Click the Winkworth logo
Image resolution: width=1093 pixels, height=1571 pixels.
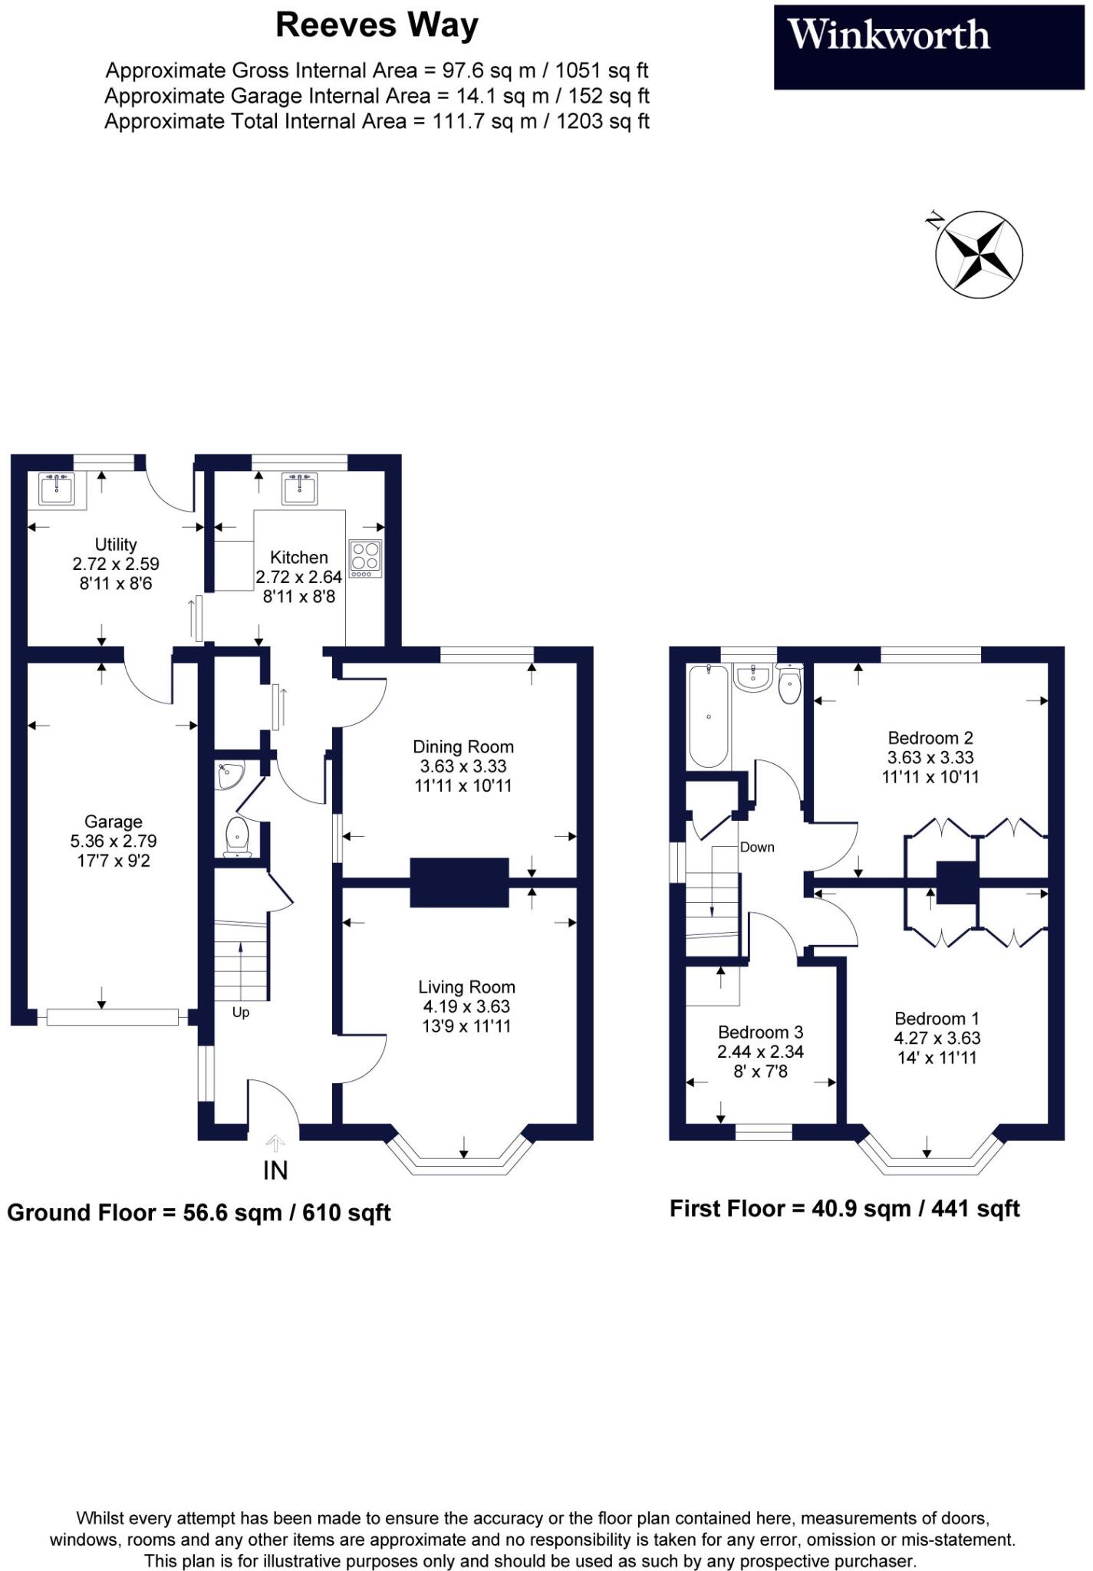tap(889, 36)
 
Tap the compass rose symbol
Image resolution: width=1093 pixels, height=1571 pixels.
tap(979, 253)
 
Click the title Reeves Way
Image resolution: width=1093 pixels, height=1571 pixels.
tap(377, 25)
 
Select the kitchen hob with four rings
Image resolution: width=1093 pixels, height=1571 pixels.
tap(365, 558)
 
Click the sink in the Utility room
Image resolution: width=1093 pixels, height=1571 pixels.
tap(57, 489)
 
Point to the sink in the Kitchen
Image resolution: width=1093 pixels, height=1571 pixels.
tap(299, 489)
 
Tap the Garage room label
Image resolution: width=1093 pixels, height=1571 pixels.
tap(114, 822)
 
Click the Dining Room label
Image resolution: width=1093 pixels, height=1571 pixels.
tap(463, 746)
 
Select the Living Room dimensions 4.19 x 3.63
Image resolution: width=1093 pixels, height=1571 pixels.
tap(466, 1006)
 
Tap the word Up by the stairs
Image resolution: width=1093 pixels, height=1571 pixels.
tap(241, 1013)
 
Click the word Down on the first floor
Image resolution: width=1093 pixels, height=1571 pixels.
tap(757, 847)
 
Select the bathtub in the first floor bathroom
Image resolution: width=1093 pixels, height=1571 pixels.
tap(709, 715)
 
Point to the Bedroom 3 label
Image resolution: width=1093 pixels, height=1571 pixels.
tap(760, 1033)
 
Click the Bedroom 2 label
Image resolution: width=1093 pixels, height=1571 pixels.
tap(930, 738)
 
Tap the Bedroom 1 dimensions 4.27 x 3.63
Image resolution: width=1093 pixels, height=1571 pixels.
tap(937, 1038)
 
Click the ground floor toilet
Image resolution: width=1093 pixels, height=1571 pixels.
tap(237, 837)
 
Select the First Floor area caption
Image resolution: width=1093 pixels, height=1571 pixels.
tap(844, 1209)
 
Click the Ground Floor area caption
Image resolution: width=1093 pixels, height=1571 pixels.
tap(199, 1213)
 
